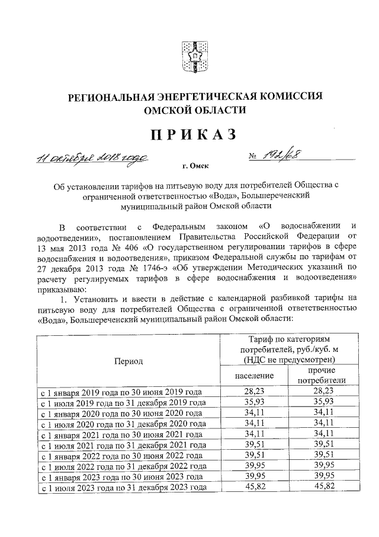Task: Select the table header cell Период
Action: (x=128, y=360)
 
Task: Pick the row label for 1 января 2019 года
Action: (x=120, y=392)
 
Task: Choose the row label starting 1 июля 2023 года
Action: (x=123, y=488)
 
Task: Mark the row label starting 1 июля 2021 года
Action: (x=123, y=445)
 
